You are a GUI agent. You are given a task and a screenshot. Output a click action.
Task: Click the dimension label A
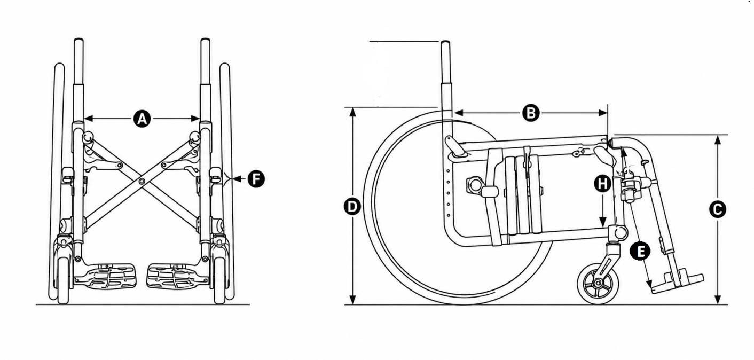pyautogui.click(x=142, y=119)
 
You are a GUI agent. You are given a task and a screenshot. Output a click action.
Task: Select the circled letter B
pyautogui.click(x=531, y=113)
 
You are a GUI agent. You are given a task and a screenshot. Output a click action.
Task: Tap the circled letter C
pyautogui.click(x=717, y=209)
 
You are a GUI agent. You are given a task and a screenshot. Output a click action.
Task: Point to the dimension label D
pyautogui.click(x=352, y=206)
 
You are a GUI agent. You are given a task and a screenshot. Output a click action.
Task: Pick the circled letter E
pyautogui.click(x=640, y=251)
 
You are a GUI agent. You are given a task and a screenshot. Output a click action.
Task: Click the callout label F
pyautogui.click(x=256, y=179)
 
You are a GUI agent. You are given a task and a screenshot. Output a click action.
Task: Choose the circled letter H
pyautogui.click(x=602, y=184)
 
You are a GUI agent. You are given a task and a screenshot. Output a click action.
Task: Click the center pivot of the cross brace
pyautogui.click(x=142, y=181)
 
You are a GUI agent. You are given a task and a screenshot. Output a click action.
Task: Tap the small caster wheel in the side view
pyautogui.click(x=598, y=284)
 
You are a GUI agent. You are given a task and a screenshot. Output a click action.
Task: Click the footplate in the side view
pyautogui.click(x=677, y=281)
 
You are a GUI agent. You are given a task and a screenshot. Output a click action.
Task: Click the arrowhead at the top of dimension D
pyautogui.click(x=352, y=112)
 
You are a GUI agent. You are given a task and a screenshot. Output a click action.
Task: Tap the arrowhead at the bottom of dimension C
pyautogui.click(x=717, y=300)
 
